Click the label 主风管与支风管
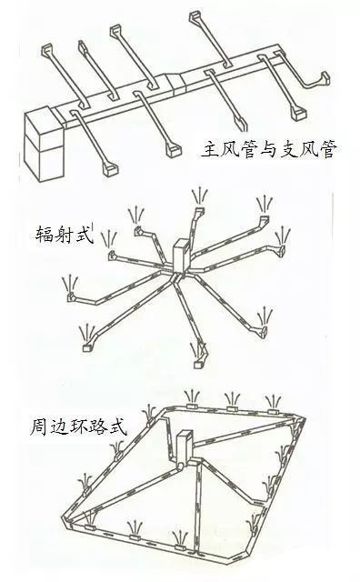point(269,149)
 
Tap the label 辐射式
point(64,235)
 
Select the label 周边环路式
point(78,426)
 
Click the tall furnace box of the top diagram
point(44,144)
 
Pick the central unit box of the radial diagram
point(182,256)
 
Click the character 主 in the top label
point(211,149)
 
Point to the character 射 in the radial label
point(64,235)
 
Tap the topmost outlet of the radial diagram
point(200,210)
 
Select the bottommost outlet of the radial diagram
point(198,364)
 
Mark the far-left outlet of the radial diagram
point(70,296)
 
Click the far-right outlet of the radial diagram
point(282,249)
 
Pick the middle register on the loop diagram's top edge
point(233,408)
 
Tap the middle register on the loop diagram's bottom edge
point(135,537)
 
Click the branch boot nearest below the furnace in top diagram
point(110,170)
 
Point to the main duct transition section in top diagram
point(175,84)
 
